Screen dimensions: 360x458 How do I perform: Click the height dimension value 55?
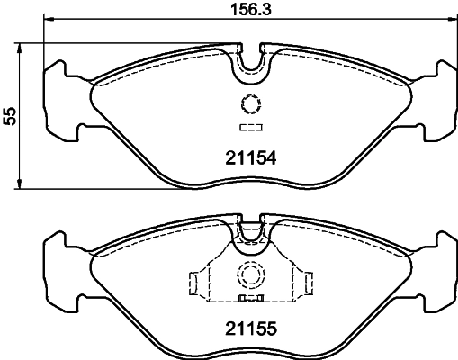tap(10, 115)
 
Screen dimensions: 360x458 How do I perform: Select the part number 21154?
tap(248, 157)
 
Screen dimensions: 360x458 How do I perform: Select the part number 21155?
tap(248, 328)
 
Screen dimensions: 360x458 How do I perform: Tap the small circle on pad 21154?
tap(248, 103)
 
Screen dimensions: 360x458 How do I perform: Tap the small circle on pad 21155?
tap(248, 276)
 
